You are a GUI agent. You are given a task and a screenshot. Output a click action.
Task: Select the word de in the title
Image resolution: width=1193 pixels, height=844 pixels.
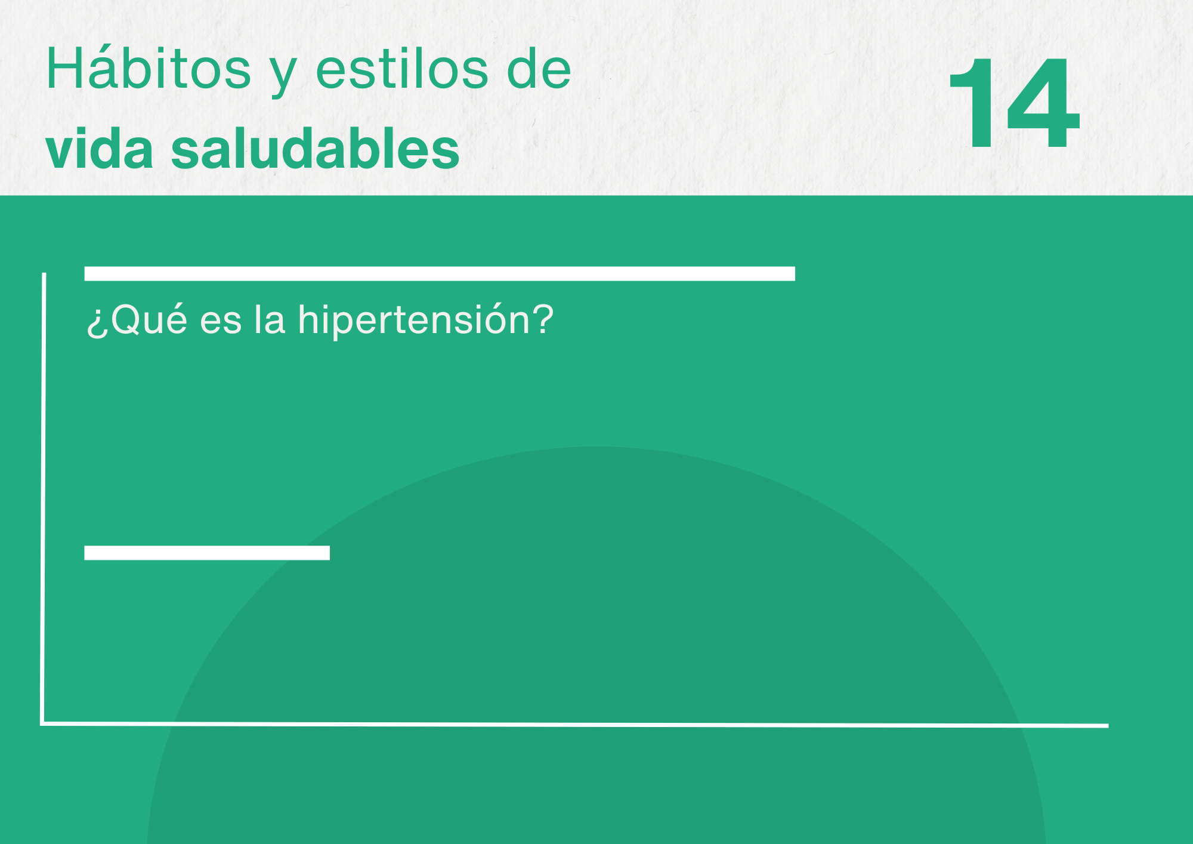pyautogui.click(x=539, y=69)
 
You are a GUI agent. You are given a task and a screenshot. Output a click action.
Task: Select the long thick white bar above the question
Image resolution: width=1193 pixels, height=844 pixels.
pyautogui.click(x=440, y=273)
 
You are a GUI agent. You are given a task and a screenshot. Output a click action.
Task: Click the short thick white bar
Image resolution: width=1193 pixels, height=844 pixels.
pyautogui.click(x=207, y=553)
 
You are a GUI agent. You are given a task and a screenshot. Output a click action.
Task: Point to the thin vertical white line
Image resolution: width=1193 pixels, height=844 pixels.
pyautogui.click(x=43, y=498)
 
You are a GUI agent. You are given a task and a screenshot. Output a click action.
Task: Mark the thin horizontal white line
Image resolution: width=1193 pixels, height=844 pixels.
pyautogui.click(x=574, y=725)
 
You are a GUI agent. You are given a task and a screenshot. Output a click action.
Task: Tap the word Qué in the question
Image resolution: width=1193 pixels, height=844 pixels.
pyautogui.click(x=149, y=319)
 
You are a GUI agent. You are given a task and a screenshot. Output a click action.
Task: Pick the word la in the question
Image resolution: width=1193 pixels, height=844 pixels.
pyautogui.click(x=270, y=319)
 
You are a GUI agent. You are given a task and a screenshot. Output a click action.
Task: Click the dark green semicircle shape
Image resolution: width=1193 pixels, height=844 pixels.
pyautogui.click(x=596, y=645)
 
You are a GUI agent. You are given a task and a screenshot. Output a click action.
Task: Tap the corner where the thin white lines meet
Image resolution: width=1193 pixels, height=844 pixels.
pyautogui.click(x=42, y=724)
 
